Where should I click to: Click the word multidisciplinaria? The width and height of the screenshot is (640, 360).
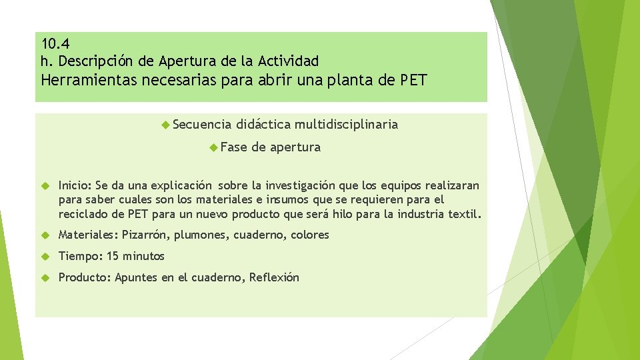click(x=346, y=124)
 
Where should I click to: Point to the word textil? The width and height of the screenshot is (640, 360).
click(x=463, y=214)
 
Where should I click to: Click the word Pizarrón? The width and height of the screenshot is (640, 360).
click(x=146, y=235)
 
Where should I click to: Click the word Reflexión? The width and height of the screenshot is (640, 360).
click(x=274, y=277)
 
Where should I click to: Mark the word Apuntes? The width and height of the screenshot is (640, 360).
click(x=136, y=277)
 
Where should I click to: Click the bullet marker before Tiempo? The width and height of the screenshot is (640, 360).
click(x=46, y=256)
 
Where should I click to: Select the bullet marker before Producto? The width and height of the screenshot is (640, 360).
click(x=46, y=277)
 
